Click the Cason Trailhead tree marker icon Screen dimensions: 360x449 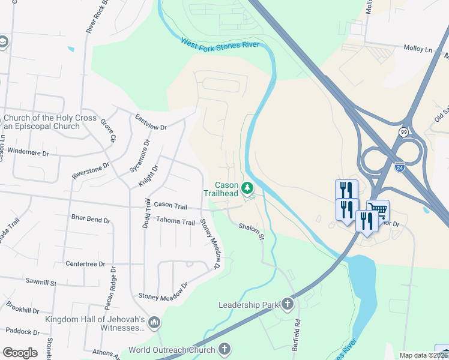pyautogui.click(x=247, y=190)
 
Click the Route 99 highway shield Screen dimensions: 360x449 pyautogui.click(x=403, y=131)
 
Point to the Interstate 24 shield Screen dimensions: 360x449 pyautogui.click(x=400, y=164)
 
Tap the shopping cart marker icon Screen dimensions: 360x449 pyautogui.click(x=378, y=211)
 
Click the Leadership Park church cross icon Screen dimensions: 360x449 pyautogui.click(x=288, y=305)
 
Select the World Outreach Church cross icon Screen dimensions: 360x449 pyautogui.click(x=224, y=349)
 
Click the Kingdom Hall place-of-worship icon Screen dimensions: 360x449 pyautogui.click(x=154, y=323)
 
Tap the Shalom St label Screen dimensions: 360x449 pyautogui.click(x=252, y=232)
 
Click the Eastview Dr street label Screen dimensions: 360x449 pyautogui.click(x=151, y=122)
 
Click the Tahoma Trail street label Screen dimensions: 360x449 pyautogui.click(x=176, y=221)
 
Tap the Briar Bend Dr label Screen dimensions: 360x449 pyautogui.click(x=91, y=219)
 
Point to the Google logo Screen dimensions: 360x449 pyautogui.click(x=20, y=353)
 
